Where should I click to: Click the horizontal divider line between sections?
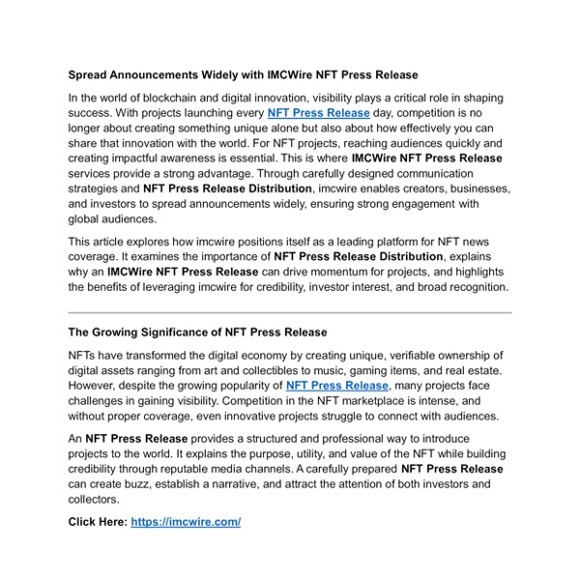click(x=290, y=312)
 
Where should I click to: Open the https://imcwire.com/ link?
click(x=186, y=522)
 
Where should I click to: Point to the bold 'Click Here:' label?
click(x=97, y=522)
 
